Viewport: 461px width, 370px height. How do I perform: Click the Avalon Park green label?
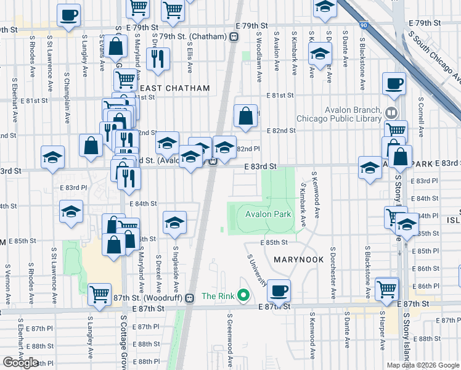(x=267, y=215)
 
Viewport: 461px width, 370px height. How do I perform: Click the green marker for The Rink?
(x=243, y=296)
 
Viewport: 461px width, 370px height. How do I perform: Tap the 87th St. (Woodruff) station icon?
(x=190, y=297)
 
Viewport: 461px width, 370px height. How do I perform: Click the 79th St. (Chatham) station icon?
(x=234, y=36)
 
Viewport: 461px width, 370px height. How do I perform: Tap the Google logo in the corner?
(x=20, y=363)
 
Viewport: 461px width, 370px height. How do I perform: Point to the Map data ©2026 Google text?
(x=423, y=365)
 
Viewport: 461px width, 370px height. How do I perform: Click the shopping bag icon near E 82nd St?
(x=245, y=116)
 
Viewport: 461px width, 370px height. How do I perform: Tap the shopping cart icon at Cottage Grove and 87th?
(x=99, y=294)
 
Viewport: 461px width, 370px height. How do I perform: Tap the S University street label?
(x=258, y=271)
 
